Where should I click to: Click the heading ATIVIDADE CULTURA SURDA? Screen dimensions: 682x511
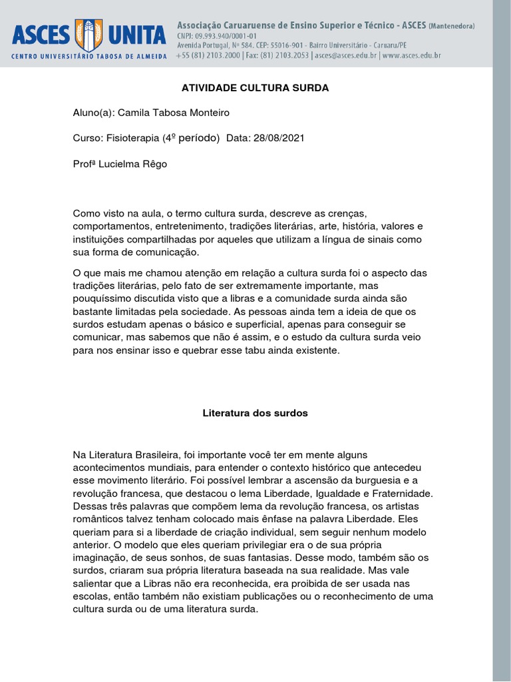(255, 88)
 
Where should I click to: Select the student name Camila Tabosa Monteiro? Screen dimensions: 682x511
(174, 113)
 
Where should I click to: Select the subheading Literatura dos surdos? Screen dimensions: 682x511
(255, 413)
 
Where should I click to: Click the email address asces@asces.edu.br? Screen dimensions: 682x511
(346, 56)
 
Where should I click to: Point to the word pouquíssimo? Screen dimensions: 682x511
(102, 298)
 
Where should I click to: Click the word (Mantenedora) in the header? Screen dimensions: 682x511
(452, 26)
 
